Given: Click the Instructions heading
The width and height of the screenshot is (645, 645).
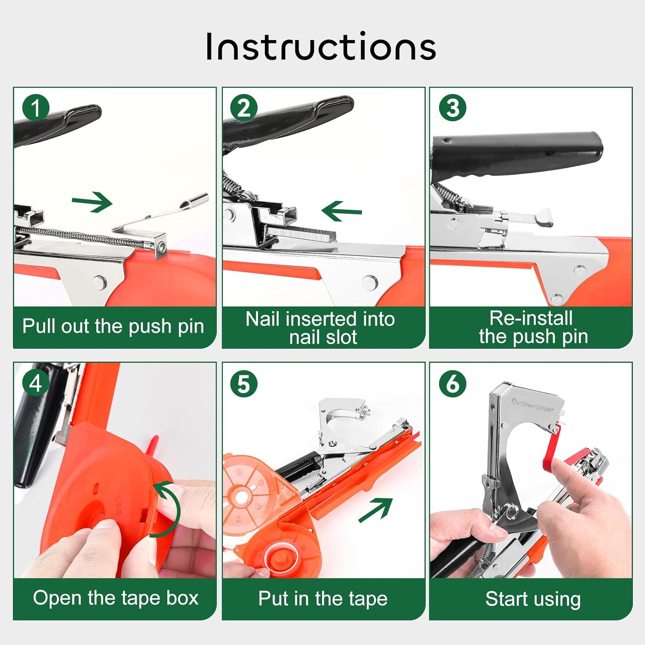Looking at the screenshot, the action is click(321, 46).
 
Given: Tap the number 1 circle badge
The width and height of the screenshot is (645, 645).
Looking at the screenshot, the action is click(36, 107).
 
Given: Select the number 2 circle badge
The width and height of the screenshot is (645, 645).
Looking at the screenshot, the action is click(244, 107).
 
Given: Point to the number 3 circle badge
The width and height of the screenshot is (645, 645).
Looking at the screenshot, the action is click(453, 107).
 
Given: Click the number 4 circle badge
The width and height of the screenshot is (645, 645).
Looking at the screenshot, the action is click(36, 383).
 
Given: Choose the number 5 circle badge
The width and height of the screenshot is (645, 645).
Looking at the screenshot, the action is click(244, 383).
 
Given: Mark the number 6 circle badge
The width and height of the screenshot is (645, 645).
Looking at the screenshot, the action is click(453, 383).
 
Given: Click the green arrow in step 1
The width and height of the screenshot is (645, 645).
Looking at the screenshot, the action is click(92, 202).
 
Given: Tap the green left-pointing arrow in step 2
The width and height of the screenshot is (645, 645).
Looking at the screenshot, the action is click(341, 211).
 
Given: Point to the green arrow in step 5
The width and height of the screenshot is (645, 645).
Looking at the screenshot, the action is click(376, 510).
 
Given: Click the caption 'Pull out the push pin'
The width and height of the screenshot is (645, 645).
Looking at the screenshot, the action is click(113, 326).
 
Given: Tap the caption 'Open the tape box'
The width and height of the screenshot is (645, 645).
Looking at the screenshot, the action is click(116, 598).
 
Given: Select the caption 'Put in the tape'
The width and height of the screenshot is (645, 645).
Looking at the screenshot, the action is click(323, 599).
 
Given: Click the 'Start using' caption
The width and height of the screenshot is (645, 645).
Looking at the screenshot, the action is click(533, 599).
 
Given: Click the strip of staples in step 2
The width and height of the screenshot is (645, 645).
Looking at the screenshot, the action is click(301, 233).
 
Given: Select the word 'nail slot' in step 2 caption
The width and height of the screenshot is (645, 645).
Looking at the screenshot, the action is click(323, 337).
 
